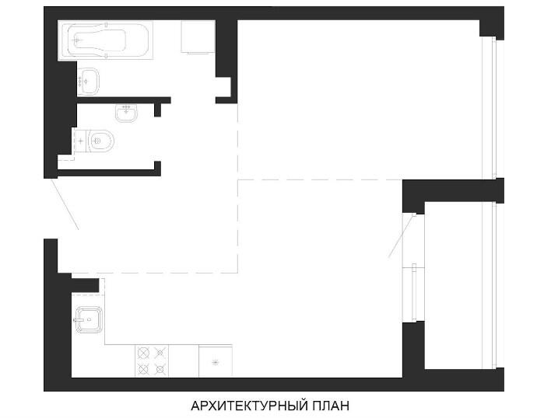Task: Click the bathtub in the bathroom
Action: point(105,40)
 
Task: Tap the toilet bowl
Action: point(100,141)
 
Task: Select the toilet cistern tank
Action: point(80,141)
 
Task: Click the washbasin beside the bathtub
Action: point(88,82)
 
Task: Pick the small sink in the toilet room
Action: point(126,113)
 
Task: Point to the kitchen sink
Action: point(88,320)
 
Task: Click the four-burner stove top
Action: point(152,361)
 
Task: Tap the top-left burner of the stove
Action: point(143,353)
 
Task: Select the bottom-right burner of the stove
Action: point(160,369)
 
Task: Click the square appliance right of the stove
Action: point(216,361)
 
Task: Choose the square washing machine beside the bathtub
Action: point(198,37)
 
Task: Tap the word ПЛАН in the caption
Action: point(331,406)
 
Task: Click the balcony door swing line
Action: point(402,235)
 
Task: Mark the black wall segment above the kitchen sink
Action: point(85,285)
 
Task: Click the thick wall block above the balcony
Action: point(453,191)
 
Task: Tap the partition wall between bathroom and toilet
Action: point(124,100)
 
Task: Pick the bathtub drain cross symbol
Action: point(77,40)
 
